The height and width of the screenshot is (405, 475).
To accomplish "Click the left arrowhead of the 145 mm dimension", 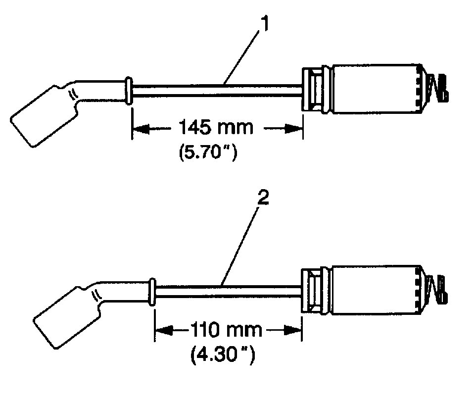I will (139, 129).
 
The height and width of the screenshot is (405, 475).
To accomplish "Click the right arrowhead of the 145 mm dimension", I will (295, 129).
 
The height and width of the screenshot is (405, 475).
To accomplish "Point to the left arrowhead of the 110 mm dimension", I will (162, 330).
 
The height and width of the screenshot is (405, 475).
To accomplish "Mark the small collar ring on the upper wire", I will (129, 91).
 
